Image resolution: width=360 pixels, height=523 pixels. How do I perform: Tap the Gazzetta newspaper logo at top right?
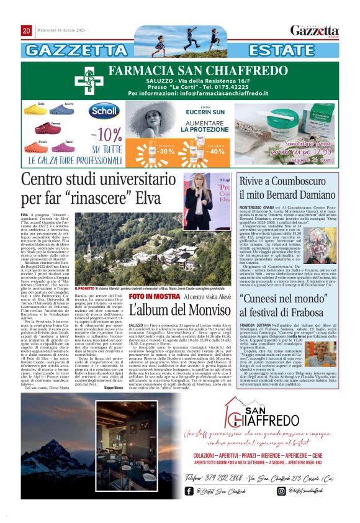click(315, 30)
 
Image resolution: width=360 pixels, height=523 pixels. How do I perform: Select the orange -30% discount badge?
click(166, 151)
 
